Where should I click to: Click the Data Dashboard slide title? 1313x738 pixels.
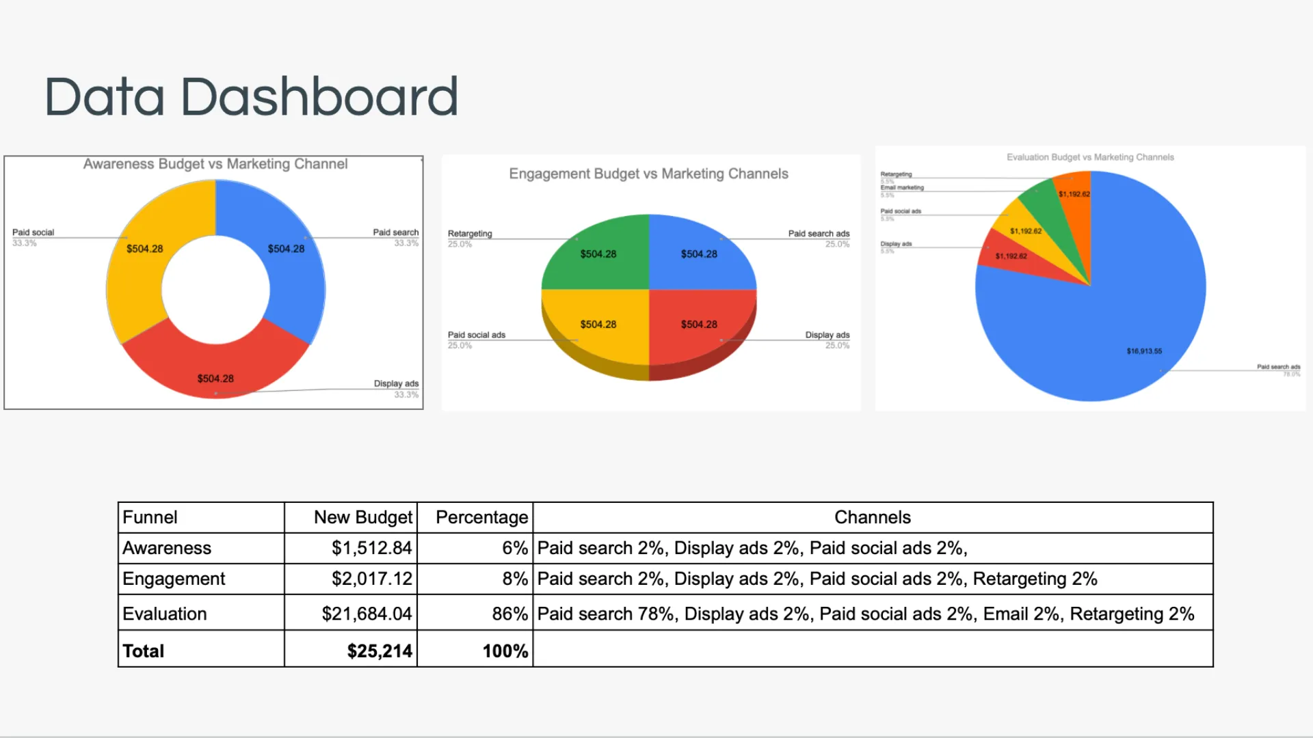251,96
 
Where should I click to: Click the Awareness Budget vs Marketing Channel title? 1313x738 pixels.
215,164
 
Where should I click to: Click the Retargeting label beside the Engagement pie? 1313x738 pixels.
470,234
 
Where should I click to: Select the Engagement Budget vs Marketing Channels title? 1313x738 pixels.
648,174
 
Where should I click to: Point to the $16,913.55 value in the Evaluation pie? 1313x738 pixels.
1144,351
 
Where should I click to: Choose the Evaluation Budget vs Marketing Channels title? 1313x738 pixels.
1090,157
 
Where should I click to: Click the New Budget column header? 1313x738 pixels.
363,517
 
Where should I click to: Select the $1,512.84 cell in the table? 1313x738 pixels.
372,548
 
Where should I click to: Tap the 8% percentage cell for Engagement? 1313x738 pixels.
515,579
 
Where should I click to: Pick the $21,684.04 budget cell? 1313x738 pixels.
367,614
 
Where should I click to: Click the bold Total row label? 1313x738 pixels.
144,651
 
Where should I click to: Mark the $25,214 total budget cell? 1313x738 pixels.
380,651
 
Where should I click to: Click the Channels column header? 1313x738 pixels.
873,517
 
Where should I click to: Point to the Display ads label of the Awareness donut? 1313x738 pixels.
396,383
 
